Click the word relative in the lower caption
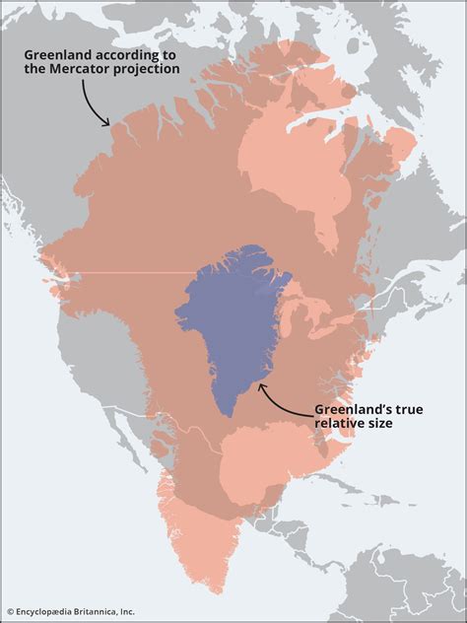[343, 424]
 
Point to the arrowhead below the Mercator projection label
[107, 122]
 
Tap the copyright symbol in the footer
[11, 612]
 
